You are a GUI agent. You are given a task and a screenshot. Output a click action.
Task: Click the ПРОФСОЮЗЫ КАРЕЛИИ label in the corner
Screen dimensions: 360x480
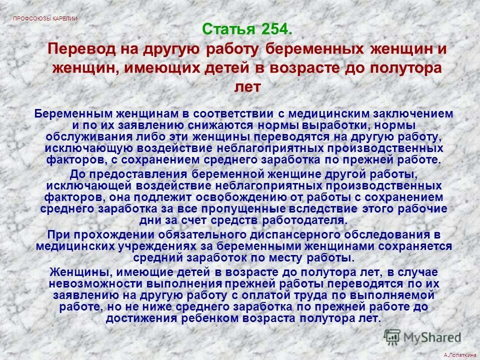(45, 18)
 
